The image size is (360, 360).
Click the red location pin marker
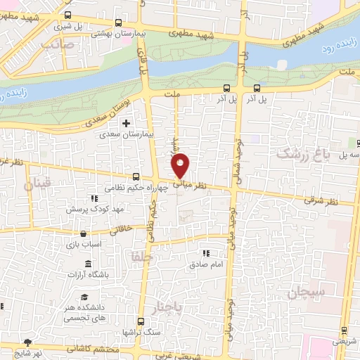click(181, 165)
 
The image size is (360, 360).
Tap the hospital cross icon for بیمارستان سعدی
click(126, 124)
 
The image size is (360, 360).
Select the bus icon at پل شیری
click(67, 15)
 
